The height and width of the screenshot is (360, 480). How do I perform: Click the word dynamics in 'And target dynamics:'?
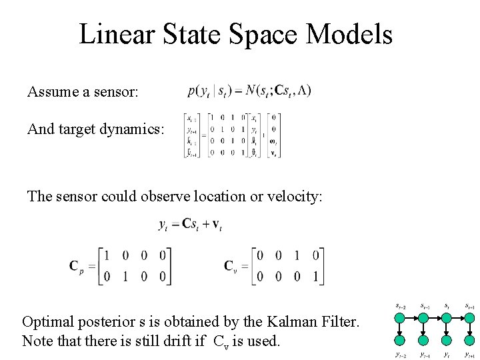click(x=130, y=129)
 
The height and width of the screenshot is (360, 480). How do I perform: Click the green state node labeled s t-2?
click(x=399, y=317)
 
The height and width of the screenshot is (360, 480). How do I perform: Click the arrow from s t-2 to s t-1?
click(x=411, y=317)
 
